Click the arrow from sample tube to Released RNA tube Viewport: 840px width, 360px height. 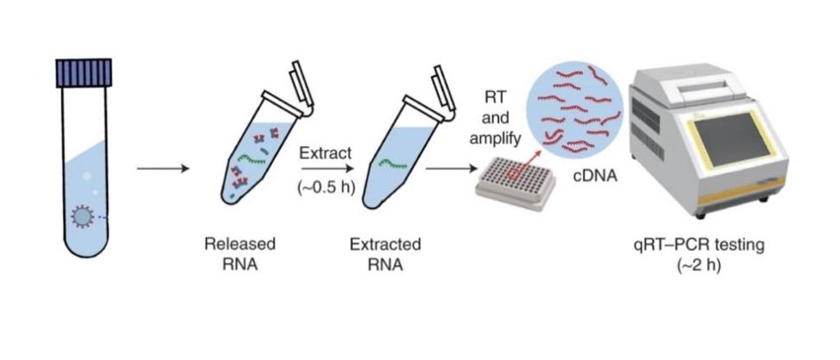click(x=162, y=168)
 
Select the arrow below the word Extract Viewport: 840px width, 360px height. click(x=326, y=169)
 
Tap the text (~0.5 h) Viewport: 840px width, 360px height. click(x=326, y=188)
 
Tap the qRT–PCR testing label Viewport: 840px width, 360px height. click(x=697, y=246)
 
